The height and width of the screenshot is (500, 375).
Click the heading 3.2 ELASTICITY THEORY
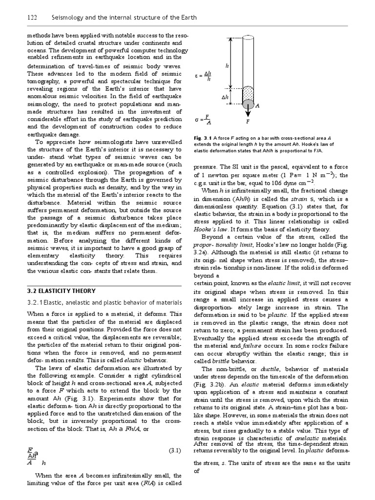click(x=59, y=292)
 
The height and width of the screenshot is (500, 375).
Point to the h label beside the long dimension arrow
click(x=227, y=64)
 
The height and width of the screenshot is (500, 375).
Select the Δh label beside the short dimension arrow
click(x=225, y=97)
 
